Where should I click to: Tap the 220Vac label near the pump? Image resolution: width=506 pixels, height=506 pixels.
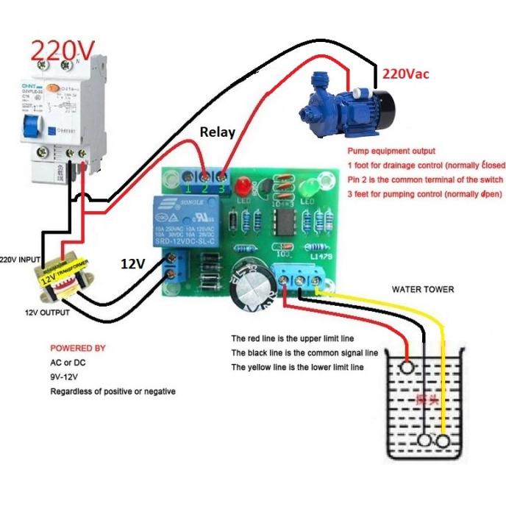coord(404,74)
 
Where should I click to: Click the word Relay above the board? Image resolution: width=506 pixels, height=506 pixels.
coord(218,132)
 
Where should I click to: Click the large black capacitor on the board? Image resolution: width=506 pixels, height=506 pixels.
coord(252,286)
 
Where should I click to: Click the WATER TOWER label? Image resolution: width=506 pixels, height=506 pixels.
coord(423,289)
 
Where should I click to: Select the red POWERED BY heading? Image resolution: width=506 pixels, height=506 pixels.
coord(77,348)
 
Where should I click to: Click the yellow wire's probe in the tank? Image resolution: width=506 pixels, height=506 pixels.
coord(443,441)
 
